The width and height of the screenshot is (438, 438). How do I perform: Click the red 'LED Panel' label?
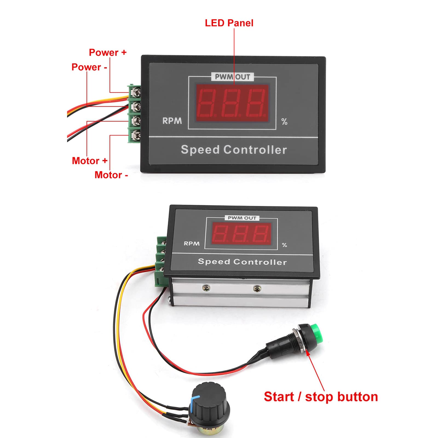229,23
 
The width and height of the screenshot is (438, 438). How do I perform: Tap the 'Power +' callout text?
108,52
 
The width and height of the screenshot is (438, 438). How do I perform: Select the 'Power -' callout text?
89,67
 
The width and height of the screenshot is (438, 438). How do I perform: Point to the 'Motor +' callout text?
90,161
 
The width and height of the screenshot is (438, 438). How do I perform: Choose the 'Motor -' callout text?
111,175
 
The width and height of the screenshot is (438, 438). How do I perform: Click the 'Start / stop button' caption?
321,397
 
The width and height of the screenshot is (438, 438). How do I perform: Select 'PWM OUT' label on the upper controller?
232,77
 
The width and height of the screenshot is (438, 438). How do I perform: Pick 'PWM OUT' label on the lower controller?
242,218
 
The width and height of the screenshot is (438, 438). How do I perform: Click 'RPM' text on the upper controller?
172,121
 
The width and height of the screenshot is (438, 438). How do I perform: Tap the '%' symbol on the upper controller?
284,122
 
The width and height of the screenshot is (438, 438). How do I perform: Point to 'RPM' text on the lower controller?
192,243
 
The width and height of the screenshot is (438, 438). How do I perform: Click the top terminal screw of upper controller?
136,92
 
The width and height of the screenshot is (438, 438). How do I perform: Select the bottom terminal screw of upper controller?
136,135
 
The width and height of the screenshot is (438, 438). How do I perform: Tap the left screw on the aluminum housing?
206,288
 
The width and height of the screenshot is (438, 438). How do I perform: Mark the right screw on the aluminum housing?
257,288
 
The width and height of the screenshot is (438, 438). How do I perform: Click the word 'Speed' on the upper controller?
200,150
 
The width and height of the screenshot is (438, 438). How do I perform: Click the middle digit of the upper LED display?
232,103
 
